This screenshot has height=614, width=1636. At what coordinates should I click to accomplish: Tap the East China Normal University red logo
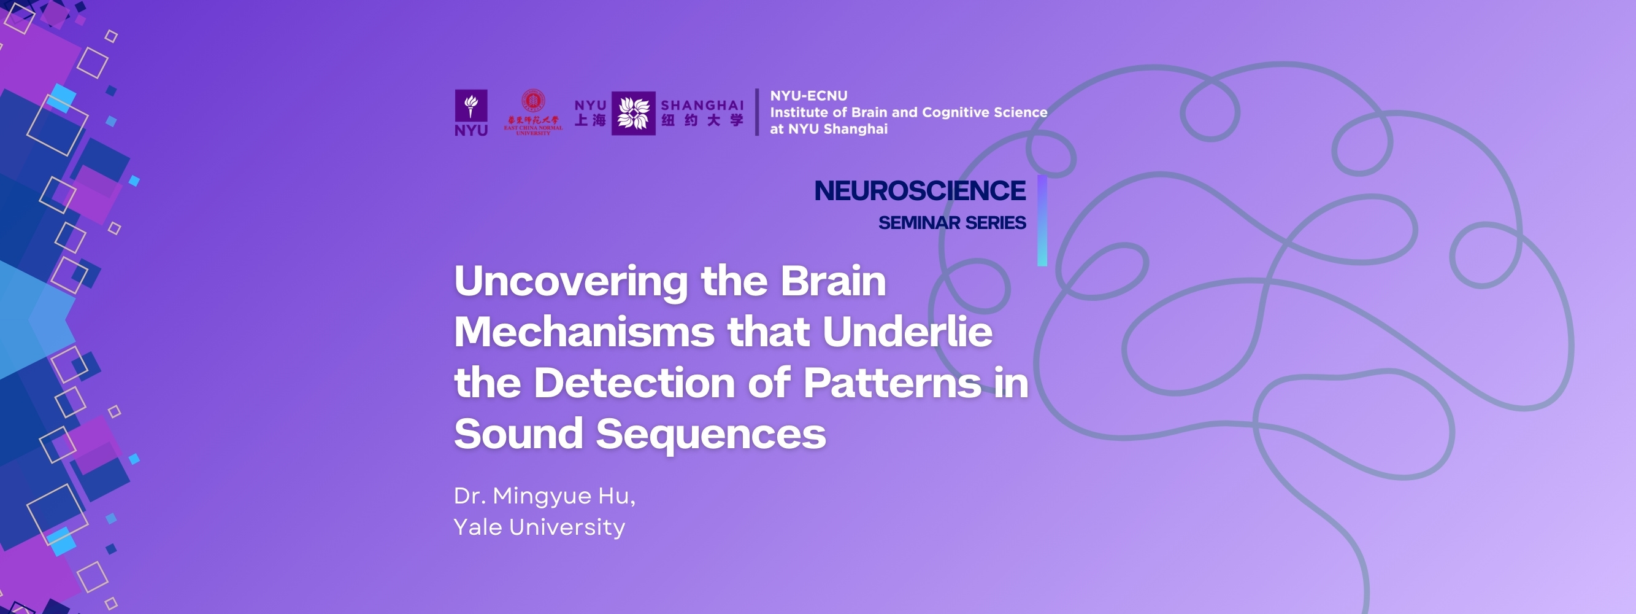point(533,112)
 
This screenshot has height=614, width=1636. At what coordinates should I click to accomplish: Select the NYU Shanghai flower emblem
point(633,113)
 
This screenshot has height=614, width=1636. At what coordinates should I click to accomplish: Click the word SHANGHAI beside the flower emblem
point(702,106)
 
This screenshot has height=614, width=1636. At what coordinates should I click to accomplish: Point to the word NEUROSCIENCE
point(920,191)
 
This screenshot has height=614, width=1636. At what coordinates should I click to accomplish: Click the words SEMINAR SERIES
point(951,223)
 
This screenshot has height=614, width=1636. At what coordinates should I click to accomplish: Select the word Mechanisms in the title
point(584,332)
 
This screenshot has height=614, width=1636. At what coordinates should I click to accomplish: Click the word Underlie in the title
point(907,332)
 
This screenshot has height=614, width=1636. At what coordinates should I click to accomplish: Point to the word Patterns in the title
point(893,383)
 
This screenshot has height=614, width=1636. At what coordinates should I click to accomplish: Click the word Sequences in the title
point(711,434)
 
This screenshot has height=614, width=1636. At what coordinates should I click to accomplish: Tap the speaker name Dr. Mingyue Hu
point(544,495)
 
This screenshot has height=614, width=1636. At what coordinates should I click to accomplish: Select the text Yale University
point(539,527)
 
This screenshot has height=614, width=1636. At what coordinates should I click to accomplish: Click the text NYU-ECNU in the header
point(808,96)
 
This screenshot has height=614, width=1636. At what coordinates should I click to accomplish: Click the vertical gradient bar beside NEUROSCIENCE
point(1042,220)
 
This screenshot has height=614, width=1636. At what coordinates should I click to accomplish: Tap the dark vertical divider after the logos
point(756,112)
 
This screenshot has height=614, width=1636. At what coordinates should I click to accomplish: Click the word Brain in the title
point(832,281)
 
